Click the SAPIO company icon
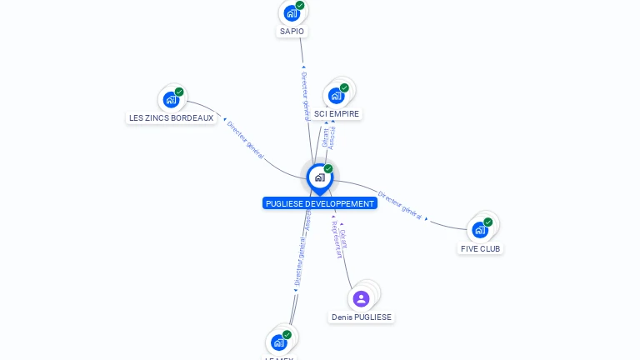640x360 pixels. click(292, 12)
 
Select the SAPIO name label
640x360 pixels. click(292, 32)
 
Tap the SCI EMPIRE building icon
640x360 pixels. click(336, 95)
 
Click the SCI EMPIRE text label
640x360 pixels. click(337, 113)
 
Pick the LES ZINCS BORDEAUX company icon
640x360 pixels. click(171, 99)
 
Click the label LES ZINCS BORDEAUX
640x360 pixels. click(172, 118)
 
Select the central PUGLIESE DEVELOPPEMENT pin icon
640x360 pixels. click(319, 177)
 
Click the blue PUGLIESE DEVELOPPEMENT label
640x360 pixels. click(320, 203)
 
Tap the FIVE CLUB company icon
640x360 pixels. click(480, 229)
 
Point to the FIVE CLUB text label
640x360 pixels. click(482, 248)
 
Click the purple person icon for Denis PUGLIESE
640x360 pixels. click(361, 298)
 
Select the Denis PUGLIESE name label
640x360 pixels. click(361, 317)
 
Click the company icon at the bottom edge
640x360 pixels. click(279, 342)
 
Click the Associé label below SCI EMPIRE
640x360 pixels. click(332, 138)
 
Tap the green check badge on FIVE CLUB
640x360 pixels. click(488, 222)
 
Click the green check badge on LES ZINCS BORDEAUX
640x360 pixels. click(179, 92)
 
